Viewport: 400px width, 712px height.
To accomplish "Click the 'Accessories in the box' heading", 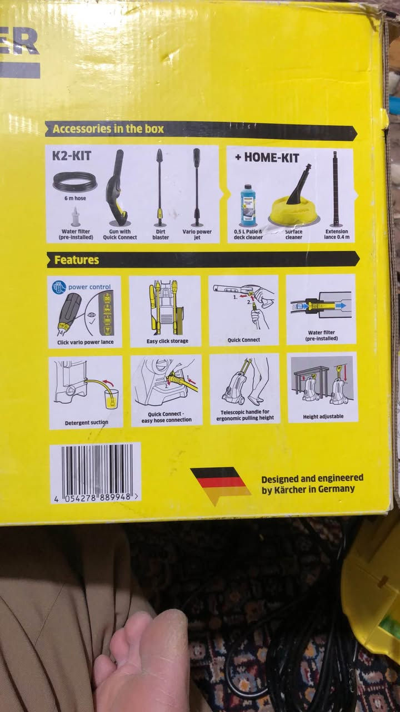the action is [x=108, y=128].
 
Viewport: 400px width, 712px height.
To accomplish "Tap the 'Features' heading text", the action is [x=77, y=260].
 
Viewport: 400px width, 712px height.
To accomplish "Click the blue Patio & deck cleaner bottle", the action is [x=250, y=205].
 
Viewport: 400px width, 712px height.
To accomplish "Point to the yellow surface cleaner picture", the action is [x=294, y=200].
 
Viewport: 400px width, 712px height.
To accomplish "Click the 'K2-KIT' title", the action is [x=72, y=156].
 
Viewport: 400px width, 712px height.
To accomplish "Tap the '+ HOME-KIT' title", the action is [x=267, y=157].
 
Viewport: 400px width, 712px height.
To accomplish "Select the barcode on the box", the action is [x=96, y=473].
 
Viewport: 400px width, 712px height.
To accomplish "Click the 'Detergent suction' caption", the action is [x=86, y=423].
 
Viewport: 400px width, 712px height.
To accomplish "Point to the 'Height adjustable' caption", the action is [x=323, y=417].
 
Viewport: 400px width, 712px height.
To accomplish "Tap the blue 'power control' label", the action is [x=89, y=286].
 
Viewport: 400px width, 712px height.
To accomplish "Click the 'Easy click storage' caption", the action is [x=167, y=341].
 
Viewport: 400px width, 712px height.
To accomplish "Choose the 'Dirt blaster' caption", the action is [x=161, y=234].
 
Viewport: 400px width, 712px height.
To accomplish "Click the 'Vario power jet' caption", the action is [x=197, y=234].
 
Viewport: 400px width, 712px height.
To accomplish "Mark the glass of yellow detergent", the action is [x=112, y=399].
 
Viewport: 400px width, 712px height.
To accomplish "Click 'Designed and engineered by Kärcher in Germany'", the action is [x=312, y=483].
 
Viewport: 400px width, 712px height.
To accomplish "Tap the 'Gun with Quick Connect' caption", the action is [x=119, y=234].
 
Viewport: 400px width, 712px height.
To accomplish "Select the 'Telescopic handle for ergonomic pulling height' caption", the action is [x=245, y=415].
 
